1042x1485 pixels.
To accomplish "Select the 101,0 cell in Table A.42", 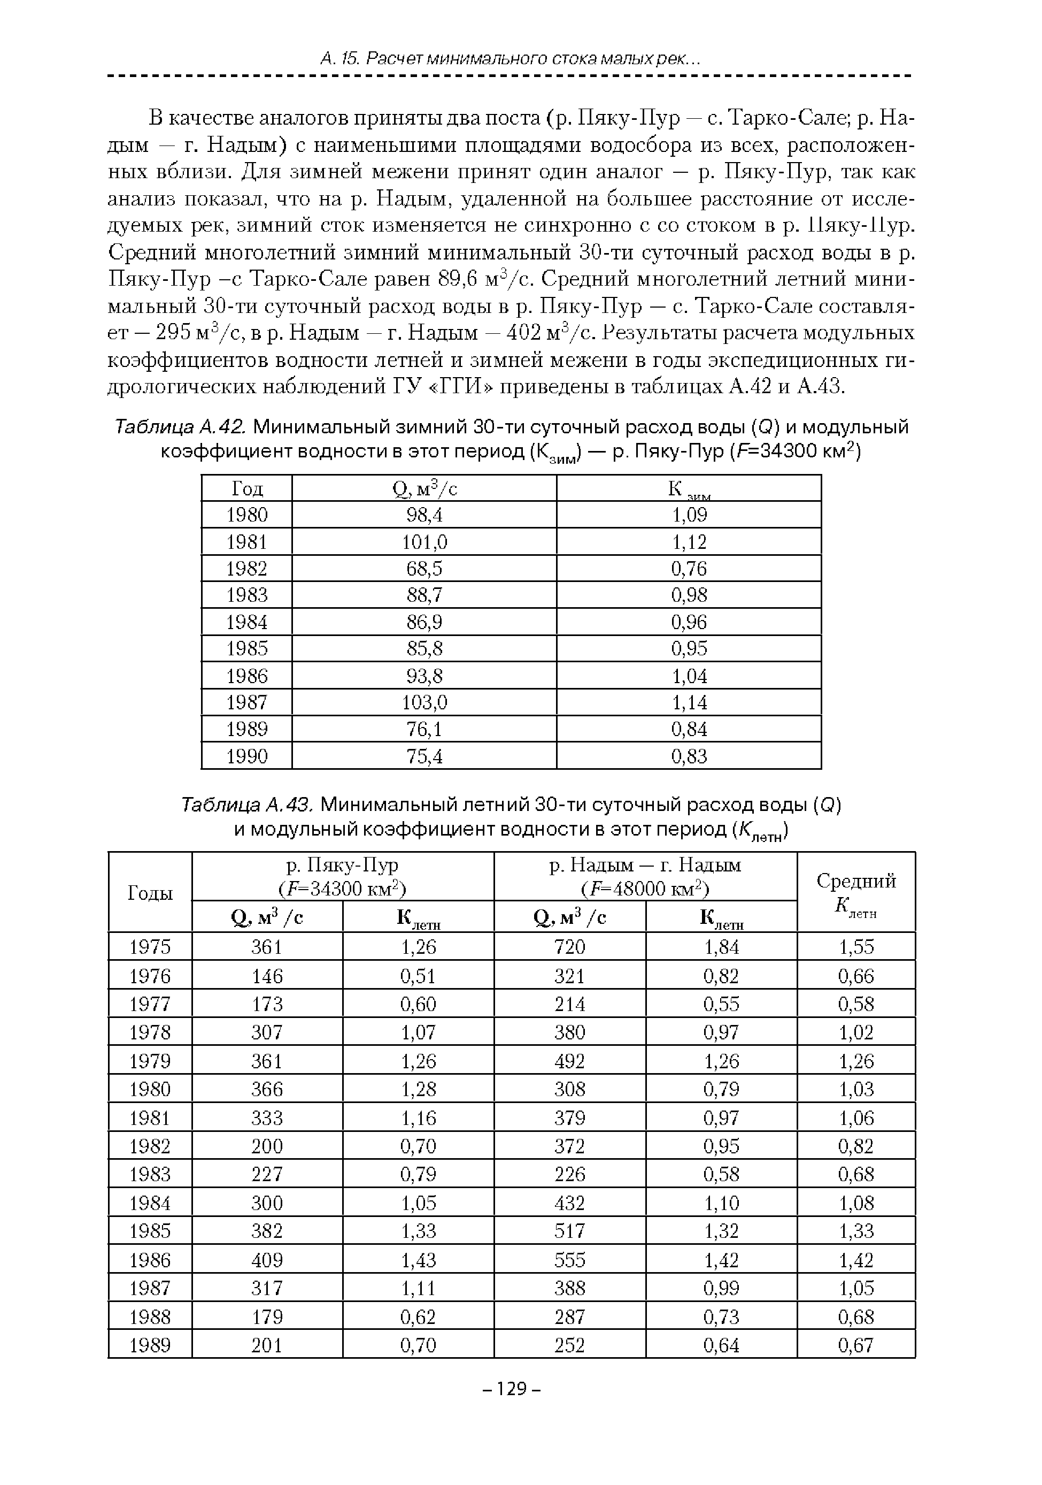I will pyautogui.click(x=424, y=541).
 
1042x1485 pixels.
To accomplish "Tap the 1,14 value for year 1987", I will pyautogui.click(x=689, y=702).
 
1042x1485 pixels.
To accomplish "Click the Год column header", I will pyautogui.click(x=247, y=489).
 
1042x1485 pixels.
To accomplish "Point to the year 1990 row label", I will pyautogui.click(x=247, y=756).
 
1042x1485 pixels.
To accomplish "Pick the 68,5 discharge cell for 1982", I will pyautogui.click(x=424, y=569).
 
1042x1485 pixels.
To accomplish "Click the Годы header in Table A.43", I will pyautogui.click(x=150, y=893).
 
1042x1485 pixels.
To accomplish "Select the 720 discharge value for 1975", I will pyautogui.click(x=569, y=947).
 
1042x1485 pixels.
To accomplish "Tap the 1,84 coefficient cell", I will pyautogui.click(x=721, y=947).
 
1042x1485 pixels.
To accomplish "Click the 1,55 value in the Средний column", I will pyautogui.click(x=856, y=947).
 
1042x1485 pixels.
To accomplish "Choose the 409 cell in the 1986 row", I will pyautogui.click(x=267, y=1260).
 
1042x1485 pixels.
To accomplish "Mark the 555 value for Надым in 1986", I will pyautogui.click(x=569, y=1260).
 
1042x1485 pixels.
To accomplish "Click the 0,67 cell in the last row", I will pyautogui.click(x=856, y=1345).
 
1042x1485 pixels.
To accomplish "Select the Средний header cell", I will pyautogui.click(x=856, y=882).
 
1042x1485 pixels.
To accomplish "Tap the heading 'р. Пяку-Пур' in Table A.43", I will pyautogui.click(x=343, y=866).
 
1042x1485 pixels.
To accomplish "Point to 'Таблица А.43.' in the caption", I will pyautogui.click(x=248, y=805).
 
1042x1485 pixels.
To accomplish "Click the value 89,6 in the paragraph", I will pyautogui.click(x=457, y=279).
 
